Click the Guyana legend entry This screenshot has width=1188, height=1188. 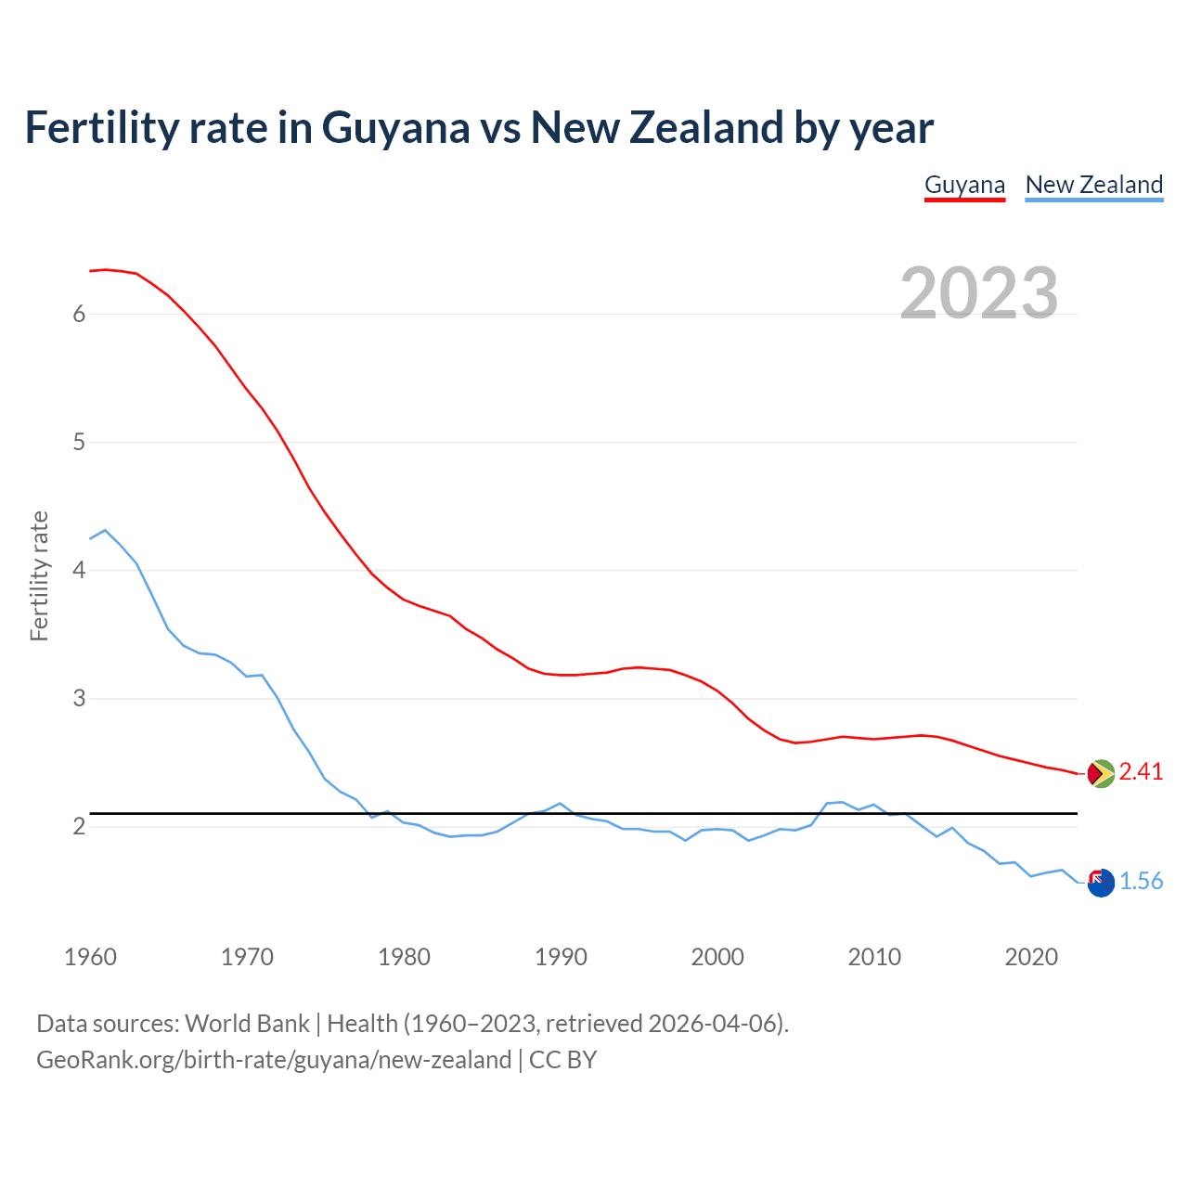click(x=964, y=185)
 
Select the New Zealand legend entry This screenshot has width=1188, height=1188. click(x=1093, y=185)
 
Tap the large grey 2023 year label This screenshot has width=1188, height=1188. click(x=979, y=293)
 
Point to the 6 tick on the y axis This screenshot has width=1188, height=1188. click(x=79, y=314)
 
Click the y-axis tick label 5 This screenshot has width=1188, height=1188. click(x=79, y=442)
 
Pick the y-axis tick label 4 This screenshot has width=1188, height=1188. click(x=79, y=570)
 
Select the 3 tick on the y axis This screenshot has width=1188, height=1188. click(x=79, y=698)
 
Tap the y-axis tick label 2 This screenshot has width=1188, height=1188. click(x=79, y=826)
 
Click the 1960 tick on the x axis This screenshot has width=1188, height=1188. click(x=90, y=957)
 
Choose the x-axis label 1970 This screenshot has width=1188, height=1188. click(x=247, y=957)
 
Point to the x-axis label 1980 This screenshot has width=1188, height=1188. click(x=404, y=957)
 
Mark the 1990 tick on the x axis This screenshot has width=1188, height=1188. click(x=561, y=957)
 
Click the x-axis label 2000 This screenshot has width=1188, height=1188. click(x=717, y=957)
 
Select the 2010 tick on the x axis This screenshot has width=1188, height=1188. click(x=874, y=957)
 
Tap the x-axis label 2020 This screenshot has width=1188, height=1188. click(x=1031, y=957)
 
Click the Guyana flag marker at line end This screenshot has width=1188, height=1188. click(x=1101, y=772)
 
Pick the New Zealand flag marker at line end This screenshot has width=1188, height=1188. click(x=1101, y=883)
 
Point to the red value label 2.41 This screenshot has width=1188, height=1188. click(x=1141, y=772)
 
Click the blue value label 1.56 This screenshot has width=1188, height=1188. click(x=1141, y=882)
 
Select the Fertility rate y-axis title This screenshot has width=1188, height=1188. click(x=39, y=575)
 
